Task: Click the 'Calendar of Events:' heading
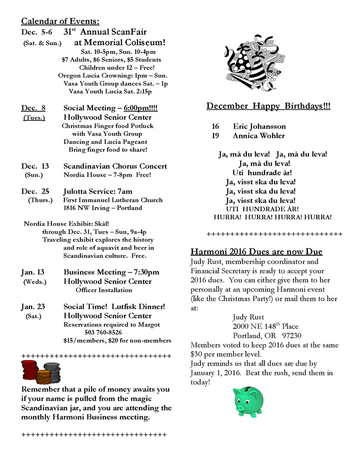tap(60, 21)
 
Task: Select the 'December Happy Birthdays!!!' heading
tap(268, 106)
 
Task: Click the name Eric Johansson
tap(259, 127)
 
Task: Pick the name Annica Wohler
tap(258, 136)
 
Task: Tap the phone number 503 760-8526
tap(103, 332)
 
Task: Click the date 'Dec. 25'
tap(35, 191)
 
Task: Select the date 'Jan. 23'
tap(33, 306)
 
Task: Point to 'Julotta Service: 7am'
tap(98, 191)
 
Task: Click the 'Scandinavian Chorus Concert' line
tap(115, 166)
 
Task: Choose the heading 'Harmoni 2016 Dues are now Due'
tap(257, 252)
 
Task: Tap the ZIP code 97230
tap(292, 335)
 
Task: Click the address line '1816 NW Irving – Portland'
tap(103, 208)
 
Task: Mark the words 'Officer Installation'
tap(104, 290)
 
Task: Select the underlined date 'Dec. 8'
tap(33, 108)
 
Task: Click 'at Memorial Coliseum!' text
tap(120, 42)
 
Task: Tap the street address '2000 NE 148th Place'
tap(266, 326)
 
